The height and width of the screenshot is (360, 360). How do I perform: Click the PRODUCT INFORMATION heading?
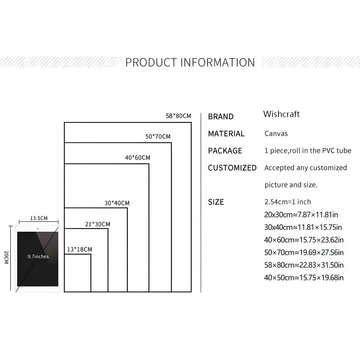(190, 63)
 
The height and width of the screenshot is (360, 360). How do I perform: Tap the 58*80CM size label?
(178, 116)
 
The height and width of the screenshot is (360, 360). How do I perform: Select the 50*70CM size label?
(158, 137)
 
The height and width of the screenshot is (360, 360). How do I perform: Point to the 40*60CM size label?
(137, 158)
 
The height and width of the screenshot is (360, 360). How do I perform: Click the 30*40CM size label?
(117, 203)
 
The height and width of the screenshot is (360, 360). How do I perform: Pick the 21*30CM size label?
(98, 224)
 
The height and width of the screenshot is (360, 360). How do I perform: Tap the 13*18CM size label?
(79, 249)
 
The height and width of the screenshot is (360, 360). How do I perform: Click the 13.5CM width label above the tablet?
(39, 218)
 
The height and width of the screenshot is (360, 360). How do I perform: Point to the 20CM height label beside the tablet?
(6, 257)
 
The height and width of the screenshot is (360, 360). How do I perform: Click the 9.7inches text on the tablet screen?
(38, 256)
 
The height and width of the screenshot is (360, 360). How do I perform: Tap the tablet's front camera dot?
(38, 229)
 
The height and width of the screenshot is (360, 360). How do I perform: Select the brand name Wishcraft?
(281, 114)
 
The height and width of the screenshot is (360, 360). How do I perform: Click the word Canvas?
(276, 134)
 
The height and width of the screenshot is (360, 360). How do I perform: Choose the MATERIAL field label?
(226, 134)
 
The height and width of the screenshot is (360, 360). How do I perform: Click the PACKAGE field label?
(225, 150)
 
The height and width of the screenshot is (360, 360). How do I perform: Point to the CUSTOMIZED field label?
(232, 168)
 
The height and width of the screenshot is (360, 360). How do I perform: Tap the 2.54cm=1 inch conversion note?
(288, 202)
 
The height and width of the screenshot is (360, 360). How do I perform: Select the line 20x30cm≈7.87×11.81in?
(301, 215)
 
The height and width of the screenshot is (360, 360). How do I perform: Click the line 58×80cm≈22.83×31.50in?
(304, 265)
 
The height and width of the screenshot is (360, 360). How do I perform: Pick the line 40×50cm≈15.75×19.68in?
(304, 278)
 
